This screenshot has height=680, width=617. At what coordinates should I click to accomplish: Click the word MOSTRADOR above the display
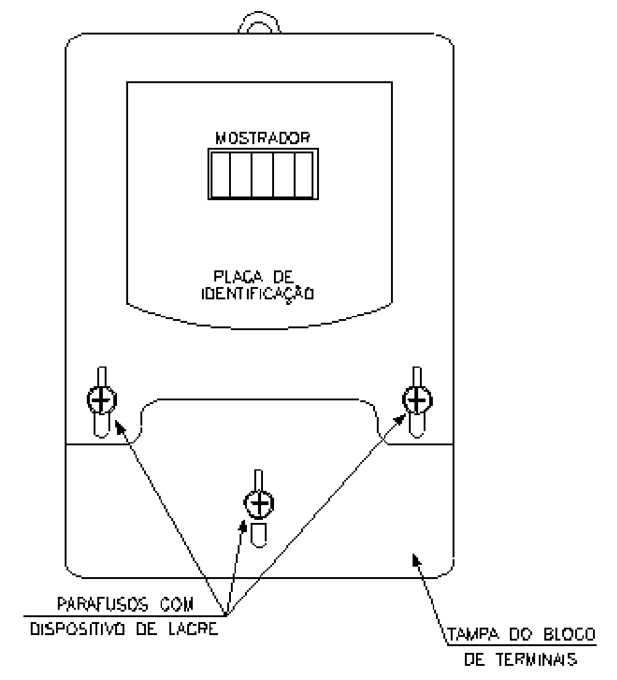tap(263, 138)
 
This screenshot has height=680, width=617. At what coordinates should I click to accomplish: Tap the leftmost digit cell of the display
tap(220, 174)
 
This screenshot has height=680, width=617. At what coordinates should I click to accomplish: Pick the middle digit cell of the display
tap(262, 174)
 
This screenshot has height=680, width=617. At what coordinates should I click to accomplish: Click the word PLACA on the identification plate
tap(238, 277)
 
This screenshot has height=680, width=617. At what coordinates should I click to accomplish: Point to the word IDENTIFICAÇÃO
tap(257, 294)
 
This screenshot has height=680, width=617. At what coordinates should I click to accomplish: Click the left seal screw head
tap(102, 399)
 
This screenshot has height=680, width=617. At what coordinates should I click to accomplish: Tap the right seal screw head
tap(417, 399)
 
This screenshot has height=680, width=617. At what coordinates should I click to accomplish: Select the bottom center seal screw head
tap(259, 503)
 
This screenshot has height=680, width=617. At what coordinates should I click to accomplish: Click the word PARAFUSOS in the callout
tap(103, 604)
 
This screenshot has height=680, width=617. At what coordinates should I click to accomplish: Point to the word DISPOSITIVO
tap(78, 629)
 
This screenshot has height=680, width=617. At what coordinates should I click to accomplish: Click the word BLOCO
tap(570, 634)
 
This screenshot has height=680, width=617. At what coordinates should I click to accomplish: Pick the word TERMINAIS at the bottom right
tap(536, 660)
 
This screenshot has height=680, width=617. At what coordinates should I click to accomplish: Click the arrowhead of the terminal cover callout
tap(416, 561)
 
